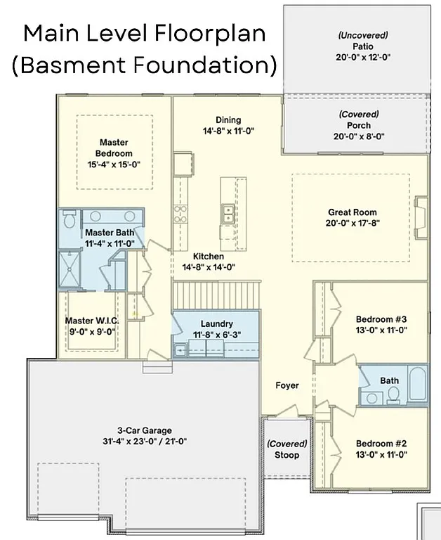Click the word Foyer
click(x=287, y=385)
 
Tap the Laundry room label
click(x=216, y=323)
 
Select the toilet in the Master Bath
click(x=69, y=220)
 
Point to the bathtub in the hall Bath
click(x=416, y=385)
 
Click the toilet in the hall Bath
click(x=393, y=393)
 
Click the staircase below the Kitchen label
click(x=216, y=295)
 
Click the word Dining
click(x=228, y=120)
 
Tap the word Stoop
click(x=287, y=455)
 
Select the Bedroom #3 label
click(x=381, y=318)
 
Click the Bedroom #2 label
click(x=381, y=444)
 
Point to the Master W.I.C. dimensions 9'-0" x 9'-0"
click(x=91, y=331)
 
